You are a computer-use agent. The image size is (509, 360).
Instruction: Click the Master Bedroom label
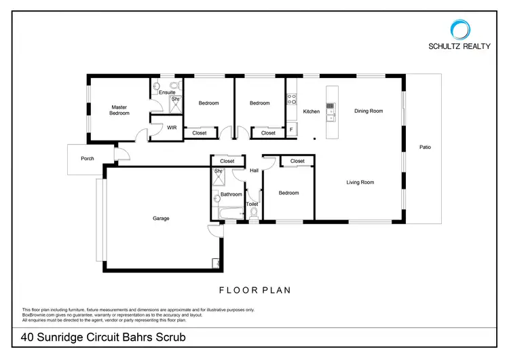(119, 110)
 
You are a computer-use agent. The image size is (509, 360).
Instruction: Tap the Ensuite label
(167, 92)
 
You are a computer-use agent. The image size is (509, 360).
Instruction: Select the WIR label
(172, 127)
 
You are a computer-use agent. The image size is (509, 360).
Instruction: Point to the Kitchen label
(312, 112)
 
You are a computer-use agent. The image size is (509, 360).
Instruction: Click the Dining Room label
(369, 111)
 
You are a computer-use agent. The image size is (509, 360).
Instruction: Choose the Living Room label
(360, 182)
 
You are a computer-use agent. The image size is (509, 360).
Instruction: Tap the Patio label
(425, 147)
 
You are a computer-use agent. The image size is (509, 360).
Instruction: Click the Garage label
(161, 218)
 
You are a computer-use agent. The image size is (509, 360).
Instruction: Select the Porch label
(88, 159)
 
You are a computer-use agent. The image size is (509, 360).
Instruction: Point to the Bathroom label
(231, 194)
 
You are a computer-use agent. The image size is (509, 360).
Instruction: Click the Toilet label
(252, 204)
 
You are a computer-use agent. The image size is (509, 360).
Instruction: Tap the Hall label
(254, 170)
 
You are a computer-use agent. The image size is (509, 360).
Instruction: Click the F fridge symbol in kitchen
(291, 129)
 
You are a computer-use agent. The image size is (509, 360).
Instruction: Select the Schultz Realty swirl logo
(459, 29)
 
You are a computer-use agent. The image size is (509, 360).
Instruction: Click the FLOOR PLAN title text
(254, 290)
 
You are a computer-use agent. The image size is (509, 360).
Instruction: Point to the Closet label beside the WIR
(200, 133)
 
